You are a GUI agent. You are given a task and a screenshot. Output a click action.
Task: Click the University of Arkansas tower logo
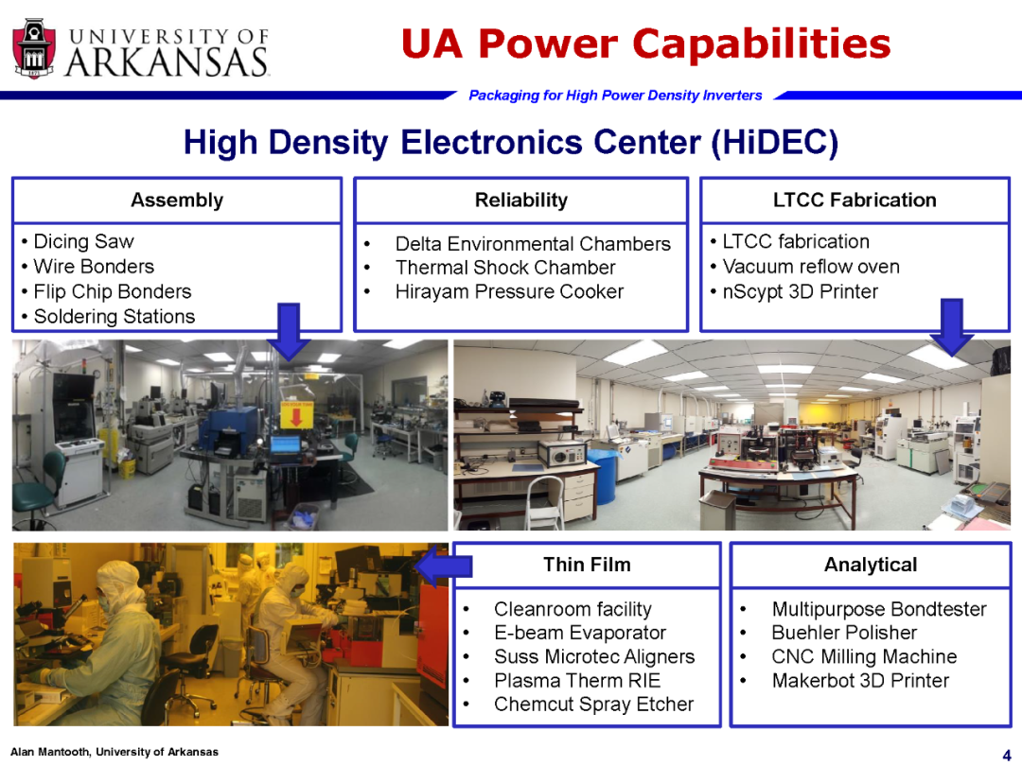click(x=34, y=49)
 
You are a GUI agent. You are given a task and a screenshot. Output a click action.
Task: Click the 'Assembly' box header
click(x=177, y=200)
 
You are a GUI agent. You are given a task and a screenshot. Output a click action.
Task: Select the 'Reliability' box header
click(x=520, y=200)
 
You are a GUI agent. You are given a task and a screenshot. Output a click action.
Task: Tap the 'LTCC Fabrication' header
click(x=855, y=200)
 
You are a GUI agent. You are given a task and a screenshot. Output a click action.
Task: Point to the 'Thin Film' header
click(x=587, y=564)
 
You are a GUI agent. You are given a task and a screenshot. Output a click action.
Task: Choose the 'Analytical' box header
click(x=871, y=564)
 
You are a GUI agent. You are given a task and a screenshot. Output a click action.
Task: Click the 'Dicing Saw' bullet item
click(x=83, y=242)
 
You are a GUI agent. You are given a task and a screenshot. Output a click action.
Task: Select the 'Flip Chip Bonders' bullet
click(x=112, y=291)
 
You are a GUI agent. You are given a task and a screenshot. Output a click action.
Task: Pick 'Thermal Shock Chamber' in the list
click(x=505, y=268)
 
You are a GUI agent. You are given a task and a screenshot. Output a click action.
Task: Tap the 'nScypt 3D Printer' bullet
click(x=801, y=291)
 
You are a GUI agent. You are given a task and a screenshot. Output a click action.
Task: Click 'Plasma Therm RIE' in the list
click(x=577, y=681)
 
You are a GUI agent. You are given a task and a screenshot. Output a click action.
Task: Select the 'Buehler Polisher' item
click(x=844, y=633)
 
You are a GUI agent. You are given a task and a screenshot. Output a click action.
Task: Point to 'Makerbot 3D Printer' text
click(x=860, y=681)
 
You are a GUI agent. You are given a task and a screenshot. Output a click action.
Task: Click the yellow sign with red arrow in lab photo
click(x=296, y=415)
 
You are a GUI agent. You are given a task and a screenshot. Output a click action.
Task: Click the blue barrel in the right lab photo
click(x=607, y=477)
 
